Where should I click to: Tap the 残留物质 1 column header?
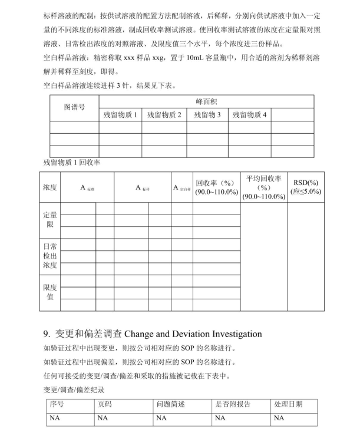click(121, 115)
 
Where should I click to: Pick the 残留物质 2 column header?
click(164, 115)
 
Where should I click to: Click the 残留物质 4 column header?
click(249, 115)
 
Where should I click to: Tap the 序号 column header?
click(57, 404)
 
